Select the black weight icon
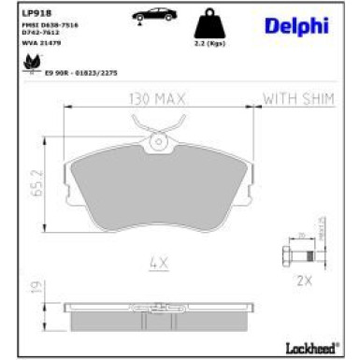[x=211, y=24]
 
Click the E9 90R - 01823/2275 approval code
[x=79, y=71]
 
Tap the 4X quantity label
[x=156, y=264]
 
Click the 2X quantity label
[x=304, y=280]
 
